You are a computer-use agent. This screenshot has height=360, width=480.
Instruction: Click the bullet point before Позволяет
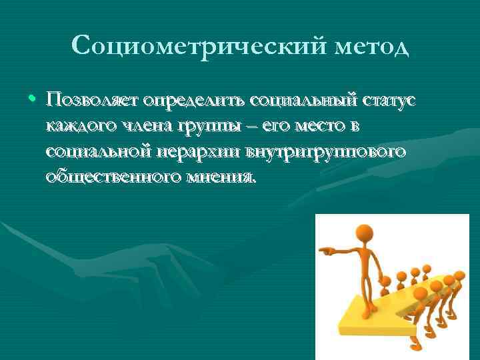[33, 100]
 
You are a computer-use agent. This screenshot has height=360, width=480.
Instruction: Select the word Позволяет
[91, 100]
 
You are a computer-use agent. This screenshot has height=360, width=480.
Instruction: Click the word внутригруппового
[327, 153]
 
